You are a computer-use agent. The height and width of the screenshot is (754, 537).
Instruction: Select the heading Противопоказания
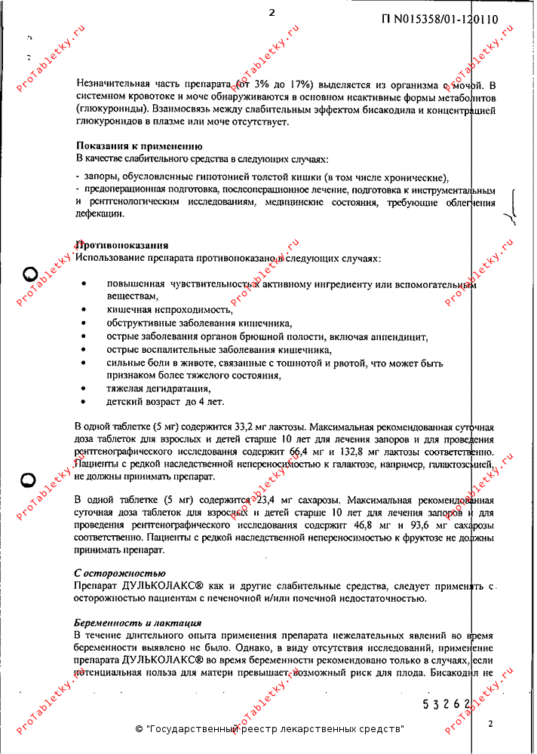[x=121, y=246]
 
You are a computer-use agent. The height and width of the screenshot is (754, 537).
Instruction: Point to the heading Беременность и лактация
[x=137, y=624]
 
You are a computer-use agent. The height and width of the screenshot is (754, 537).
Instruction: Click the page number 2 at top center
[x=272, y=12]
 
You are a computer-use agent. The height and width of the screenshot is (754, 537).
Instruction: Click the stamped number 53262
[x=446, y=705]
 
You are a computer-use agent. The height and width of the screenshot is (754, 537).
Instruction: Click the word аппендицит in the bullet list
[x=400, y=337]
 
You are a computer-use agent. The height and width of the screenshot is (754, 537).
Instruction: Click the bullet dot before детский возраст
[x=84, y=402]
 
